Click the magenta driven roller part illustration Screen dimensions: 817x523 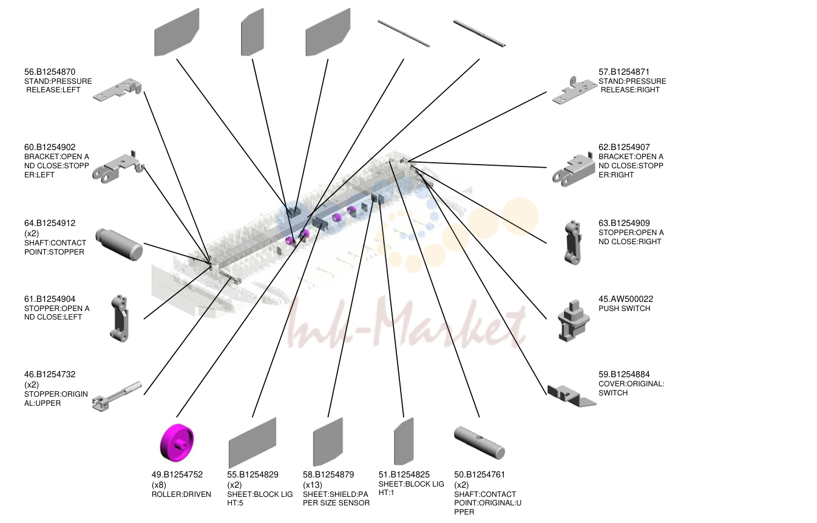(x=177, y=442)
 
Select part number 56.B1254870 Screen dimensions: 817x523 (x=50, y=72)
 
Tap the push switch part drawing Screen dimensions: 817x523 (x=573, y=321)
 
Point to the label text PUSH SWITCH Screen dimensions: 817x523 (x=624, y=309)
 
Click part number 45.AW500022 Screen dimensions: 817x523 (x=626, y=299)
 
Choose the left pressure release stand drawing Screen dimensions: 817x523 (x=117, y=90)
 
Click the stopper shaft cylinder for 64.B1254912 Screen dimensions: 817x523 (x=119, y=244)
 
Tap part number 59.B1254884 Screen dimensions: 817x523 (x=624, y=374)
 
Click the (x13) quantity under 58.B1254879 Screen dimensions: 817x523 (x=313, y=485)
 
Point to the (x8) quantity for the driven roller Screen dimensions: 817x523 (x=159, y=485)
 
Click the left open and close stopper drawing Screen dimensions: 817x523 (x=119, y=318)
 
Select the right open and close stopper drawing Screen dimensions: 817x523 (x=572, y=242)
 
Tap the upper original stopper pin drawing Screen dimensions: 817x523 (x=117, y=397)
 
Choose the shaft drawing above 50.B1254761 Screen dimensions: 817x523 (x=480, y=442)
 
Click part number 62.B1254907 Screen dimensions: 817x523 (x=624, y=147)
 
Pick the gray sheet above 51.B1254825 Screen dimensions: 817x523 (x=404, y=441)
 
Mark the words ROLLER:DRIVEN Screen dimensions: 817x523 (x=181, y=494)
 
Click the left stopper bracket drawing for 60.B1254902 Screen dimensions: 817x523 (x=118, y=168)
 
